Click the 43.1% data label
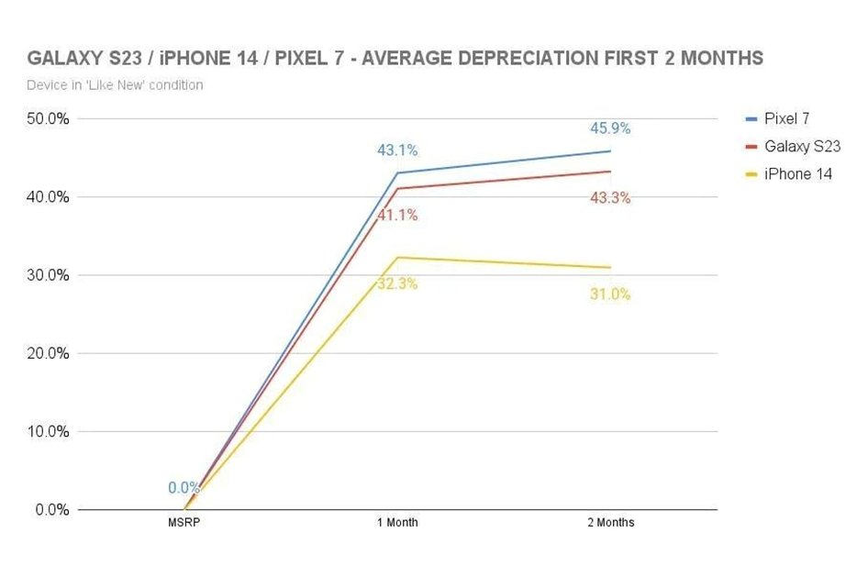(x=397, y=150)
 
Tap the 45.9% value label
(x=610, y=128)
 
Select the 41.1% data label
(x=397, y=216)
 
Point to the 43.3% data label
(x=610, y=197)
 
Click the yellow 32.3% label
(x=397, y=283)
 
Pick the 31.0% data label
(x=610, y=294)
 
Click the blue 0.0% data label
(x=184, y=488)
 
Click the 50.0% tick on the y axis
(x=46, y=118)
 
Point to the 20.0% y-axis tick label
(x=46, y=353)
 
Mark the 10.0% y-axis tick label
(x=46, y=431)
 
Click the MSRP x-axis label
(x=184, y=523)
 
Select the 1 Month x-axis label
(x=397, y=523)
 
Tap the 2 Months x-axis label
(x=610, y=523)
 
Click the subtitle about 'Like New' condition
(x=116, y=85)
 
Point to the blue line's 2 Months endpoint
(x=610, y=150)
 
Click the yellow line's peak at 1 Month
(x=397, y=257)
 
